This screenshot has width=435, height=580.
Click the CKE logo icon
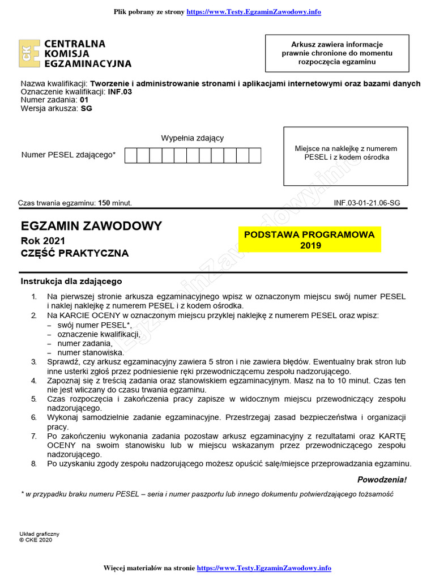(29, 54)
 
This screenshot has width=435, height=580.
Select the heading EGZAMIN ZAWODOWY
(91, 226)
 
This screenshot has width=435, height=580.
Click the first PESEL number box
(130, 155)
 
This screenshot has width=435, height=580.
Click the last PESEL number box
(255, 155)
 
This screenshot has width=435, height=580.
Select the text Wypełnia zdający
(193, 138)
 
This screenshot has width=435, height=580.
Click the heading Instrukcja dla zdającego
(71, 281)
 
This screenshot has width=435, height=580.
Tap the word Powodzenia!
(382, 480)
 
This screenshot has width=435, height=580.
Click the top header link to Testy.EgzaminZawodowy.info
(257, 12)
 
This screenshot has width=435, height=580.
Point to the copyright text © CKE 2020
(35, 540)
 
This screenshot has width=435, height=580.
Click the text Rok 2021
(42, 240)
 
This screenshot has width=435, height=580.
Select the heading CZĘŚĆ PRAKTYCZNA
(75, 253)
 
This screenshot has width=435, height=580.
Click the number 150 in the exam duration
(105, 203)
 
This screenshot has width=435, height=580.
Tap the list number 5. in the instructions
(34, 399)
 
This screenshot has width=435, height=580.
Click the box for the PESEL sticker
(346, 156)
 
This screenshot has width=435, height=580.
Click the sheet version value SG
(86, 109)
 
